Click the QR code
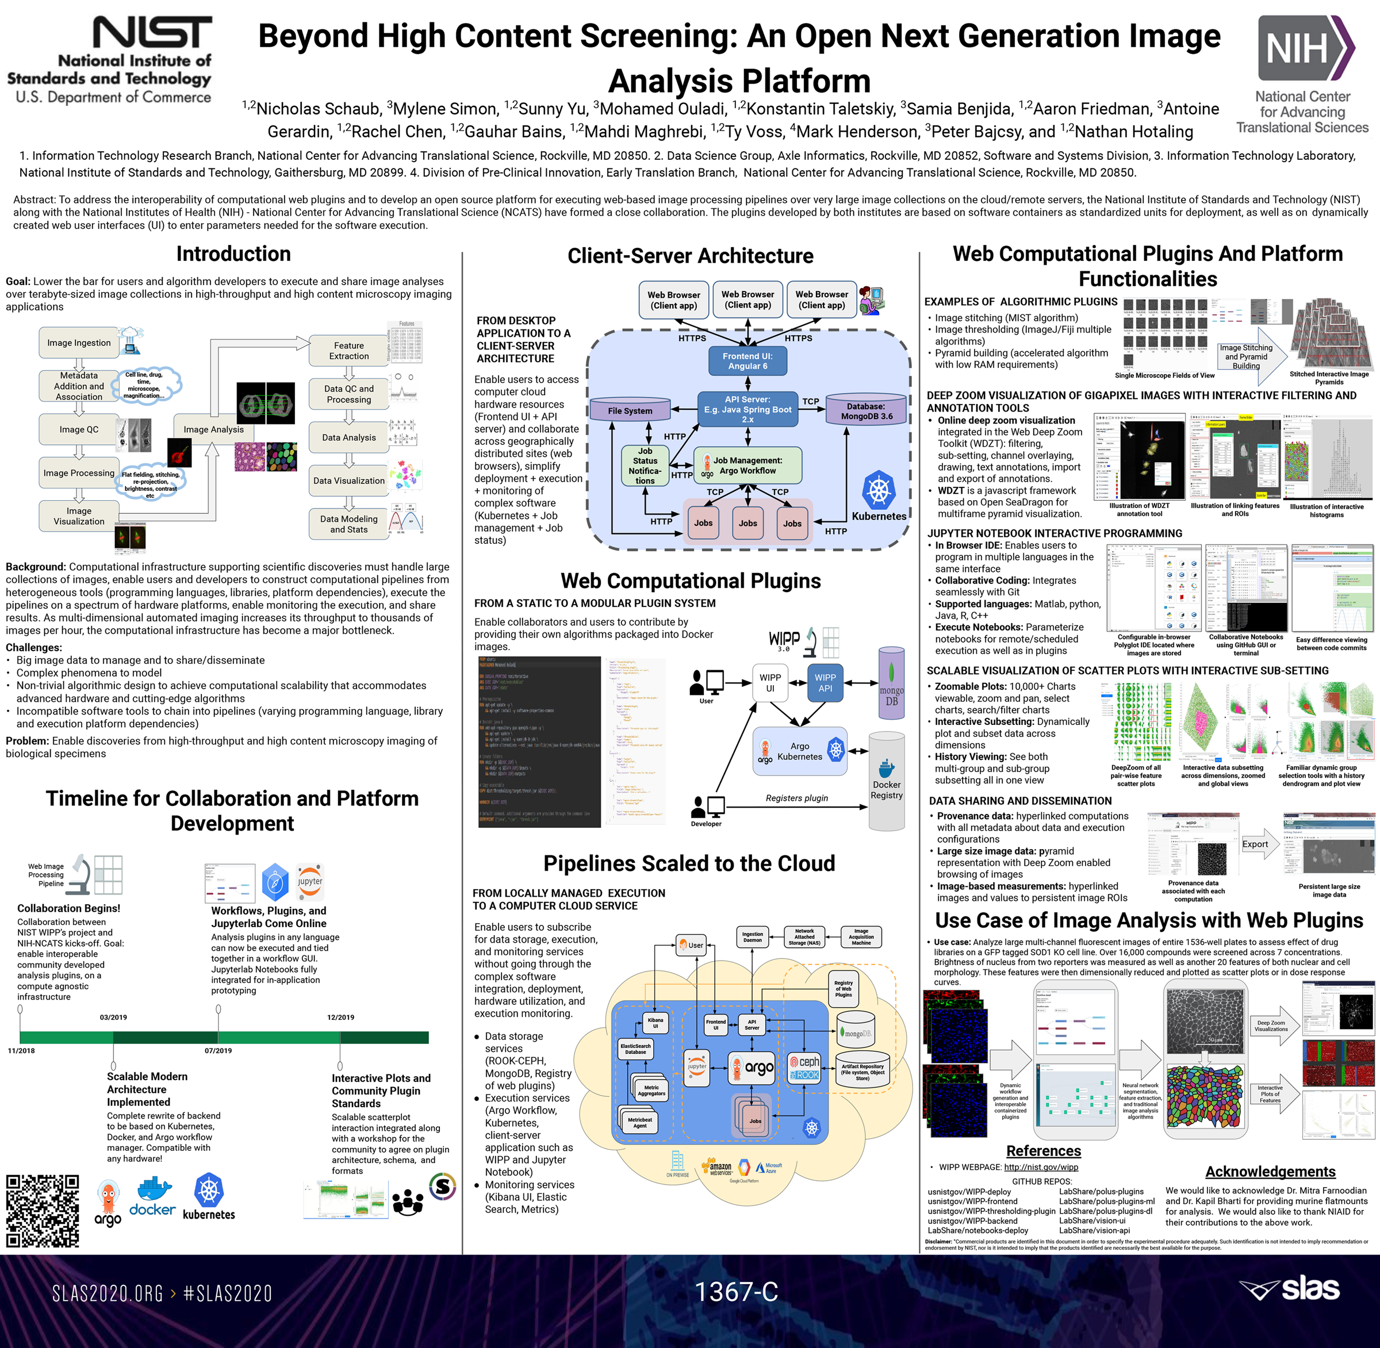(x=43, y=1210)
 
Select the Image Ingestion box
(x=79, y=343)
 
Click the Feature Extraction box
(x=348, y=351)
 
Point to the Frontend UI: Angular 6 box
(x=747, y=361)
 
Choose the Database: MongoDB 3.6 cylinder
(x=866, y=410)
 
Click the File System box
(x=630, y=410)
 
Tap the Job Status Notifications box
(x=645, y=466)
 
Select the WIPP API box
(x=825, y=682)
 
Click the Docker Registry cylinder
(x=887, y=781)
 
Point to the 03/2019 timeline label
(x=113, y=1017)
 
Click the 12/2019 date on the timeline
(x=340, y=1017)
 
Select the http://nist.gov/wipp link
(x=1041, y=1167)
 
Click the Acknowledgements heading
(x=1270, y=1172)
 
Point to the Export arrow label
(x=1255, y=844)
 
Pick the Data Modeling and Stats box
(x=348, y=524)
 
